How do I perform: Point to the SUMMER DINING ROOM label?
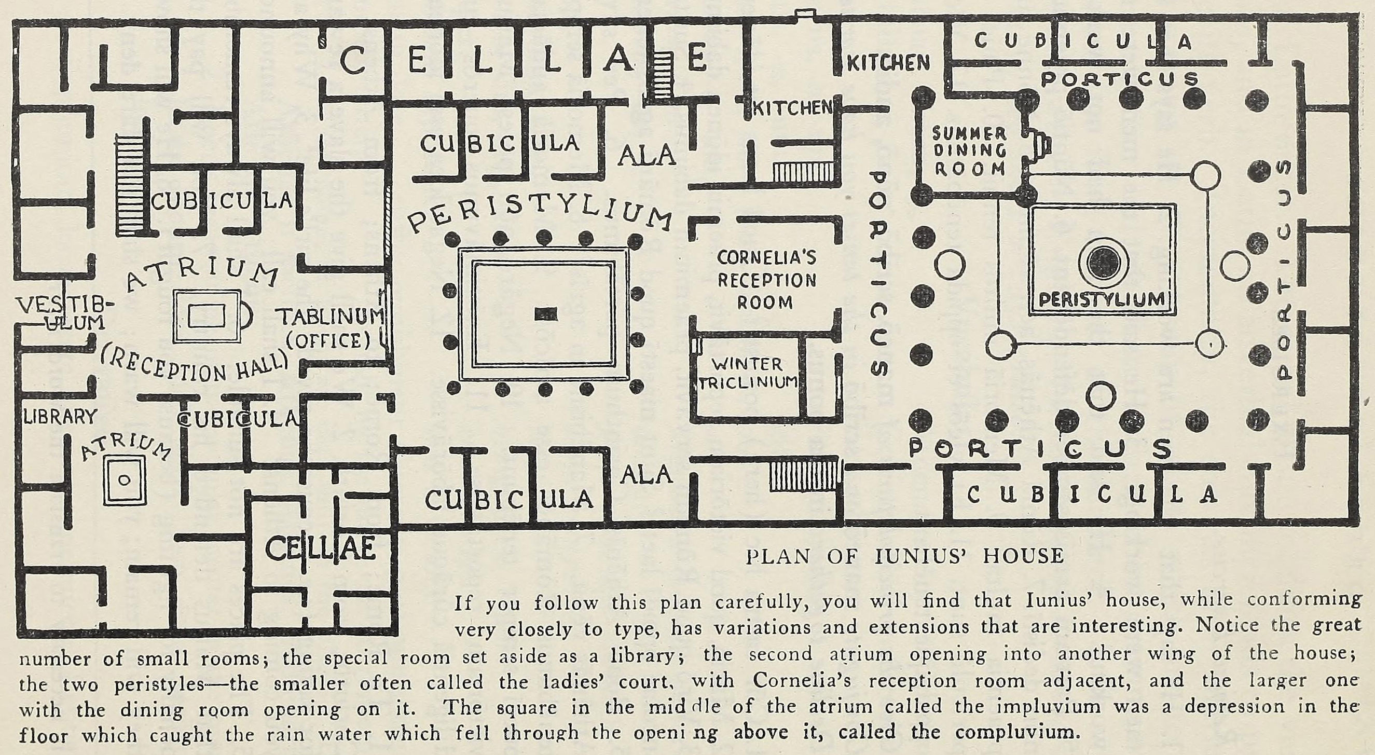[x=969, y=151]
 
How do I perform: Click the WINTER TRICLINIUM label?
[x=748, y=374]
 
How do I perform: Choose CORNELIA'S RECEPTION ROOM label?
[x=766, y=280]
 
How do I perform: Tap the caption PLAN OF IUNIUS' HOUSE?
[x=904, y=556]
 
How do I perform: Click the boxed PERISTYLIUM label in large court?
[x=1103, y=300]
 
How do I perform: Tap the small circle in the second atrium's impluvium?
[x=125, y=479]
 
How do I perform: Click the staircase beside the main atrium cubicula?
[x=131, y=185]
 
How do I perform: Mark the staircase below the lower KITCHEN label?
[x=802, y=172]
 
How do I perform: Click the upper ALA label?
[x=647, y=155]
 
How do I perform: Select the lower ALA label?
[x=646, y=474]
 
